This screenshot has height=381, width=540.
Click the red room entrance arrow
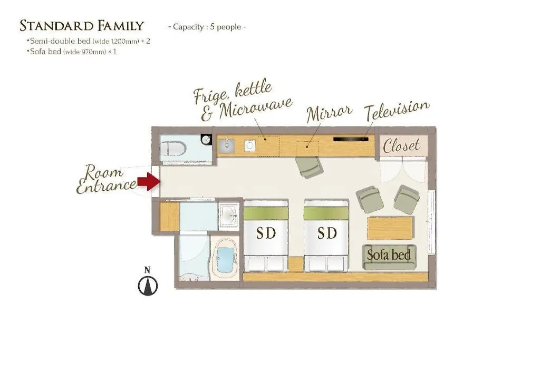149,181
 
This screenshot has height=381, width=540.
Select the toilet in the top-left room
173,149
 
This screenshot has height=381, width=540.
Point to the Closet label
401,146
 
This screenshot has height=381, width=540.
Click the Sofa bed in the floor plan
389,257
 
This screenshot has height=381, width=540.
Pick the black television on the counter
351,139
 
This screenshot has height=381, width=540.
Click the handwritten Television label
397,110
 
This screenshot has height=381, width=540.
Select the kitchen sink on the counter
227,145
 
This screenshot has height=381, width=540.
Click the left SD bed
266,236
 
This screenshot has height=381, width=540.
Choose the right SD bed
326,236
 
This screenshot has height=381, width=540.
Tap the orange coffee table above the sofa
390,228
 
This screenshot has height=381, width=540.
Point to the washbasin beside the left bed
229,216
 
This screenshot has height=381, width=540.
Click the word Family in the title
121,26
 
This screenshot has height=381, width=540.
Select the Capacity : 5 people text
207,27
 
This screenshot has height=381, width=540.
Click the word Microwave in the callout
256,108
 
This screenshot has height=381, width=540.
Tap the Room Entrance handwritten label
106,179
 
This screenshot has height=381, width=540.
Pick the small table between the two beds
296,265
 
